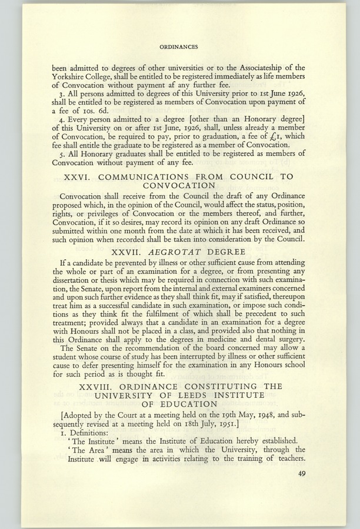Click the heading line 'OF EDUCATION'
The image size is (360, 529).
[179, 406]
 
